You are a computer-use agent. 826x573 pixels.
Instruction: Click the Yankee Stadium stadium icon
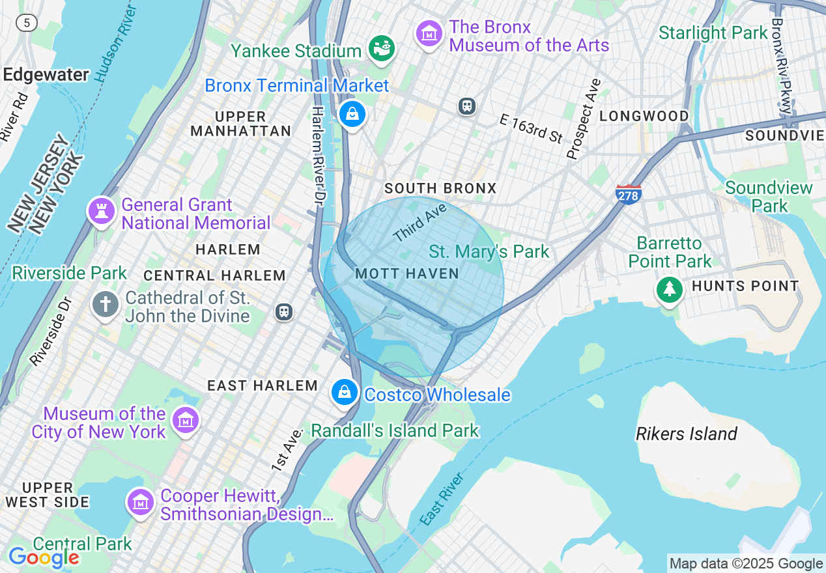click(382, 48)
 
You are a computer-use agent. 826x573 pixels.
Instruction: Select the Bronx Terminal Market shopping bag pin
click(352, 115)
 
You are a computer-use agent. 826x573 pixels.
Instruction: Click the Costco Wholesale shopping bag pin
click(345, 393)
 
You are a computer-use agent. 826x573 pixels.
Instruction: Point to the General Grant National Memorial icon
click(102, 211)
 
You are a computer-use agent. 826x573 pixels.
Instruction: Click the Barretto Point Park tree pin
click(669, 288)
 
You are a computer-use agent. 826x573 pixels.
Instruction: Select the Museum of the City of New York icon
click(186, 421)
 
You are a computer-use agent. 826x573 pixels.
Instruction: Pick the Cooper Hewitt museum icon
click(141, 503)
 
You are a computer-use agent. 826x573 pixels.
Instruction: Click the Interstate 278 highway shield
click(629, 194)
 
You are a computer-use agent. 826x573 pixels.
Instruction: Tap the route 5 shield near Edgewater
click(27, 23)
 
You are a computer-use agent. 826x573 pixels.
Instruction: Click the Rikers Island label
click(686, 434)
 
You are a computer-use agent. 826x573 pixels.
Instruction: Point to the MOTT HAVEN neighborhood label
click(407, 274)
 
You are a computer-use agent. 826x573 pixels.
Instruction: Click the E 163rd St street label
click(531, 128)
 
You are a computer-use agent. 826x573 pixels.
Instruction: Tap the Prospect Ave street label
click(583, 119)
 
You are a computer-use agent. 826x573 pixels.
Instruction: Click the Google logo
click(44, 557)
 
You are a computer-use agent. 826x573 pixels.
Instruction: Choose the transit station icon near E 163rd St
click(467, 106)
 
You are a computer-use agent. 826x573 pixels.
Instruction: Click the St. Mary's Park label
click(489, 251)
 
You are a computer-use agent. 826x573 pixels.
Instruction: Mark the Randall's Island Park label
click(395, 431)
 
